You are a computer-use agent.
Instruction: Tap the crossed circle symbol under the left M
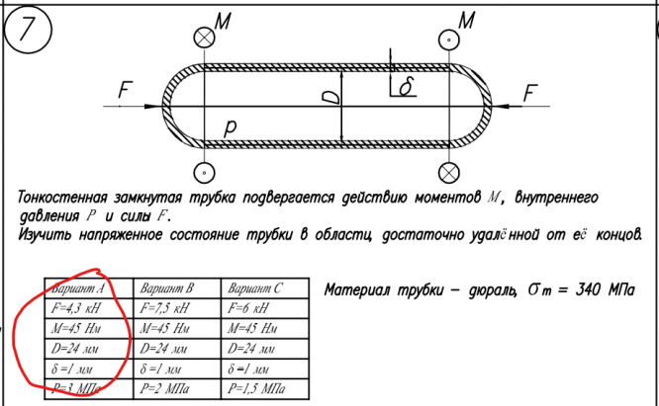[204, 37]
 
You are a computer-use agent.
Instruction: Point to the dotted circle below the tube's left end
[203, 171]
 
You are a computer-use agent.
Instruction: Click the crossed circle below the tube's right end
[451, 171]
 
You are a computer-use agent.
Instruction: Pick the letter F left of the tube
[124, 90]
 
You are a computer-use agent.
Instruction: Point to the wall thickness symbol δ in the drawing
[403, 88]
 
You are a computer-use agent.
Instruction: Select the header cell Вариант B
[167, 289]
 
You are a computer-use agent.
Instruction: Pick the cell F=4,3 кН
[78, 309]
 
